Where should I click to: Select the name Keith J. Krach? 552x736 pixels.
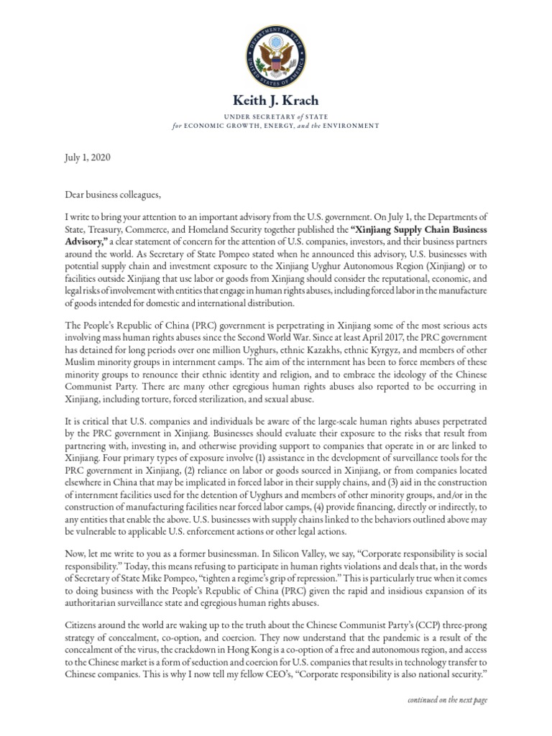275,100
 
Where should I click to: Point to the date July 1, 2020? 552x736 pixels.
86,156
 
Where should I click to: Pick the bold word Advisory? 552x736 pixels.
86,241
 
